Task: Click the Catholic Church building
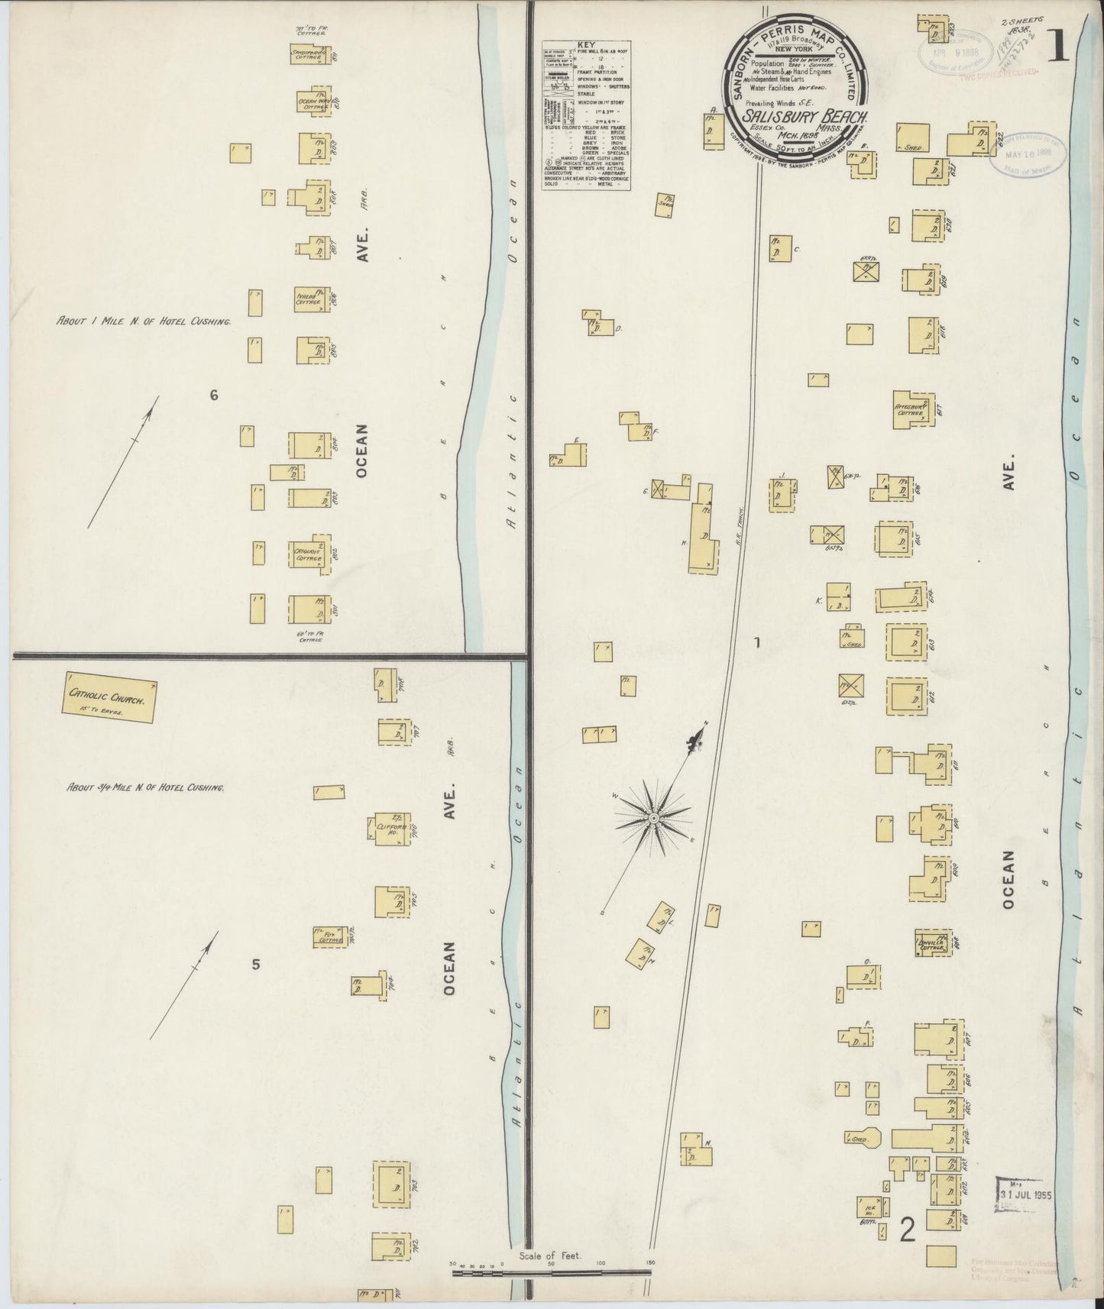click(111, 699)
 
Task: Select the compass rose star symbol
click(653, 818)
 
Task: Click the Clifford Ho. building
click(393, 829)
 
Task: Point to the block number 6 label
click(214, 395)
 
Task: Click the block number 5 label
click(256, 965)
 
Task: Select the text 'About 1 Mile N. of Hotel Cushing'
click(144, 322)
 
